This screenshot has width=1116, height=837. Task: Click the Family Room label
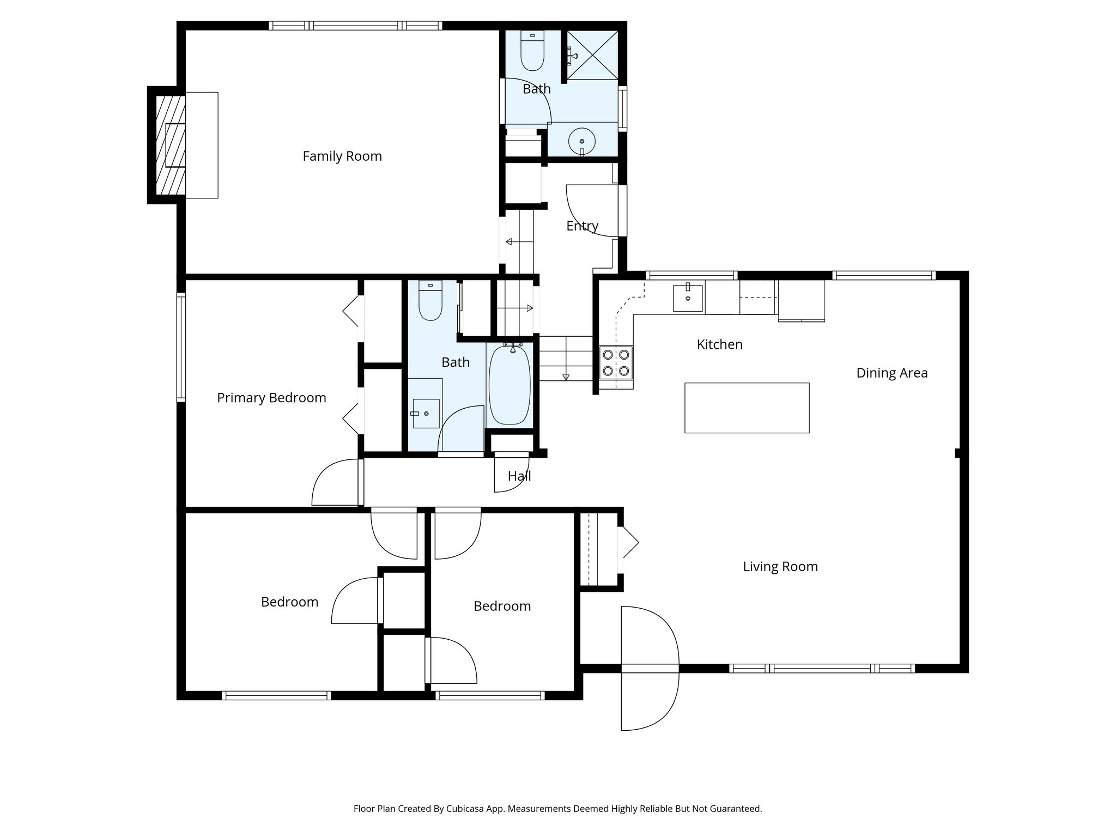pos(342,156)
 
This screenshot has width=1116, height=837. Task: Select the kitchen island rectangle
pos(747,408)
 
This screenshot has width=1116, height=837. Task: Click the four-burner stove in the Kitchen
pos(616,363)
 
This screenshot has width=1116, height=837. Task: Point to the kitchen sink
pos(688,298)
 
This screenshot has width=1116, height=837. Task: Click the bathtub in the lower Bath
pos(510,385)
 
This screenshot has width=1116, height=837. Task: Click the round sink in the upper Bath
pos(582,141)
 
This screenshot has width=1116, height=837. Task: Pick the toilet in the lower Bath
pos(430,303)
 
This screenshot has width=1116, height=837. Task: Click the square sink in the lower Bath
pos(426,413)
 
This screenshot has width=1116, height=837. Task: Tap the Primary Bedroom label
pos(271,398)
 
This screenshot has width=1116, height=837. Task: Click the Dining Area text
pos(891,373)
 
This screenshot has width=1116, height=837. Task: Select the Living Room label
pos(780,567)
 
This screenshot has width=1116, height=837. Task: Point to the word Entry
pos(582,226)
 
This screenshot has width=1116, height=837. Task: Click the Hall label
pos(519,476)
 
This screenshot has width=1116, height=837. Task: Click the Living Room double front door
pos(650,668)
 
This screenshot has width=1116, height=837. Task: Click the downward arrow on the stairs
pos(566,376)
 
